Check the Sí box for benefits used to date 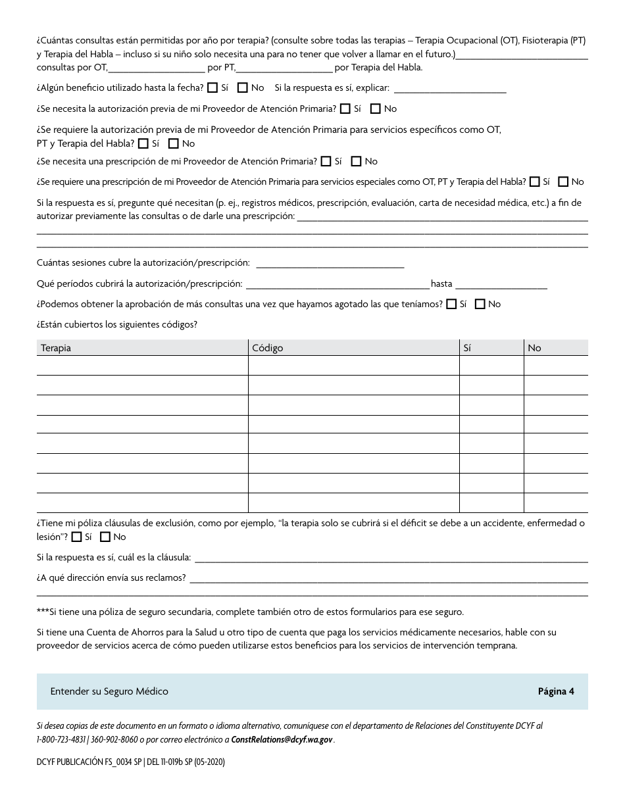pyautogui.click(x=213, y=87)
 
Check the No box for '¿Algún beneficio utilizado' pyautogui.click(x=243, y=87)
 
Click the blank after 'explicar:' pyautogui.click(x=449, y=88)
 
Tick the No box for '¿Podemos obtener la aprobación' pyautogui.click(x=480, y=304)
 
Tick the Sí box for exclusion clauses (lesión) pyautogui.click(x=76, y=537)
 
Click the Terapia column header pyautogui.click(x=57, y=348)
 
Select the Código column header pyautogui.click(x=267, y=348)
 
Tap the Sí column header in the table pyautogui.click(x=468, y=348)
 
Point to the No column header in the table pyautogui.click(x=534, y=348)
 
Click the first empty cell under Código pyautogui.click(x=353, y=366)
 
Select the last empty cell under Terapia pyautogui.click(x=142, y=503)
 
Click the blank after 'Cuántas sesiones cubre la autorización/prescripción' pyautogui.click(x=330, y=263)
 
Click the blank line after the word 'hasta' pyautogui.click(x=501, y=284)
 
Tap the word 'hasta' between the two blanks pyautogui.click(x=441, y=284)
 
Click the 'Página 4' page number pyautogui.click(x=556, y=691)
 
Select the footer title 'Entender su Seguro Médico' pyautogui.click(x=109, y=691)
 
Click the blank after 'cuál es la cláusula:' pyautogui.click(x=391, y=558)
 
